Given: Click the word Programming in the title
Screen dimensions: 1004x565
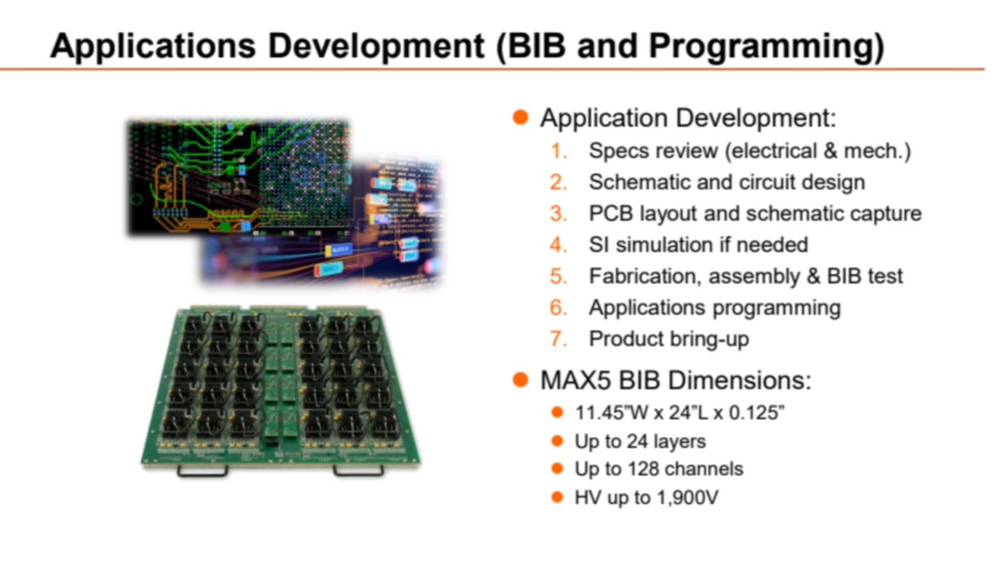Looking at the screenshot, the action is coord(766,46).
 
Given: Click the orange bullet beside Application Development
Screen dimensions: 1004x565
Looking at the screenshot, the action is coord(520,117).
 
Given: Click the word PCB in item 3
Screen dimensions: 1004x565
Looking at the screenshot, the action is coord(611,213).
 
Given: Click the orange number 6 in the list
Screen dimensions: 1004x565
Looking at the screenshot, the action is coord(558,308).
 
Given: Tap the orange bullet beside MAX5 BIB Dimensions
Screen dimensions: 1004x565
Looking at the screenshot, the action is coord(520,380).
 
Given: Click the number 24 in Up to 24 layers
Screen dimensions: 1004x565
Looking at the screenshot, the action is coord(639,442).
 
